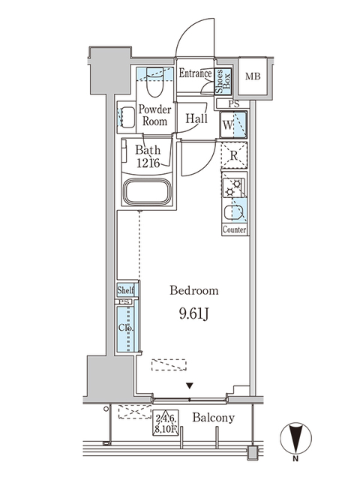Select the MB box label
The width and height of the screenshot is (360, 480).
coord(253,76)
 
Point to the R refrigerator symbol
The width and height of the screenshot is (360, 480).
coord(234,156)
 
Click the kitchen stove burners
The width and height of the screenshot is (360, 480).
coord(234,190)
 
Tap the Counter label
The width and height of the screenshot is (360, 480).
coord(235,229)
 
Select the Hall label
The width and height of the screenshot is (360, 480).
coord(197,118)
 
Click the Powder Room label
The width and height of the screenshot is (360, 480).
coord(154,115)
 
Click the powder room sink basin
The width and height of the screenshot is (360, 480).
coord(127,117)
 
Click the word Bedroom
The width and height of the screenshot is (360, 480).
coord(193,290)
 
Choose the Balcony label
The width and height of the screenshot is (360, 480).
coord(213,418)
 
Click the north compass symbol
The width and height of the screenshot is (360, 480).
coord(298,439)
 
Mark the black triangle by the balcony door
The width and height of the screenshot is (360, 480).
coord(190,385)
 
